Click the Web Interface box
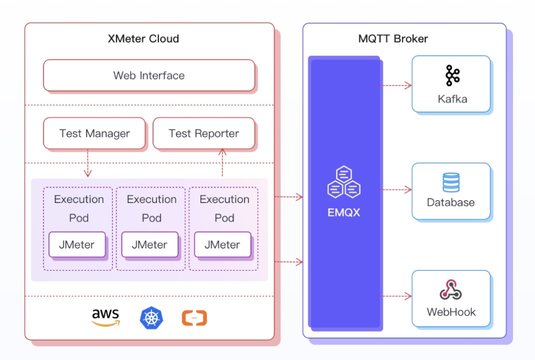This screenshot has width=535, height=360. pos(149,75)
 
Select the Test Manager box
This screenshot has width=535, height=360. pos(94,133)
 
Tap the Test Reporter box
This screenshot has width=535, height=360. pos(203,133)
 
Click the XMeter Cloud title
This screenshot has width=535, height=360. pos(143,38)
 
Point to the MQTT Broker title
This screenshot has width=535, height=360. pos(393,38)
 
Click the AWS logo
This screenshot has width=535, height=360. pos(105,317)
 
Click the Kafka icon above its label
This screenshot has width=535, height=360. pos(452,75)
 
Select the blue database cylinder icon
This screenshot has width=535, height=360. pos(451,182)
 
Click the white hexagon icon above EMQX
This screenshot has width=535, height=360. pos(344,182)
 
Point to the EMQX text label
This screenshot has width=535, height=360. pos(344,212)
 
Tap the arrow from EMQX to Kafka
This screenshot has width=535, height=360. pos(396,85)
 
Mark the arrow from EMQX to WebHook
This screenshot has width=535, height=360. pos(396,296)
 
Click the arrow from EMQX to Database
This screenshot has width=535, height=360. pos(396,190)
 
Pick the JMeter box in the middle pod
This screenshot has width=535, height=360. pos(149,244)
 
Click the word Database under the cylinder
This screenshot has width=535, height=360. pos(451,202)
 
